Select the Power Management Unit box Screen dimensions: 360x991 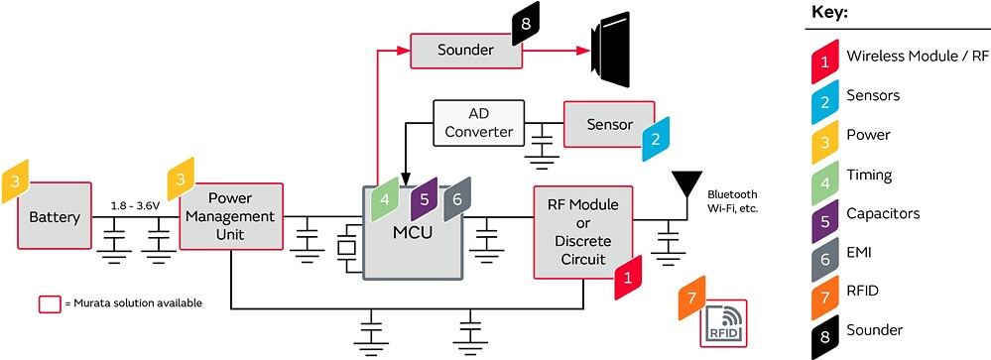[x=230, y=216]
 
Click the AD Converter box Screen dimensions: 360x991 [x=478, y=122]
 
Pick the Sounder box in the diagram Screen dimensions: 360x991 [x=465, y=50]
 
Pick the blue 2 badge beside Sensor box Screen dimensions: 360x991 [x=656, y=139]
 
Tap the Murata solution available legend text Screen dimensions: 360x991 [x=134, y=302]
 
